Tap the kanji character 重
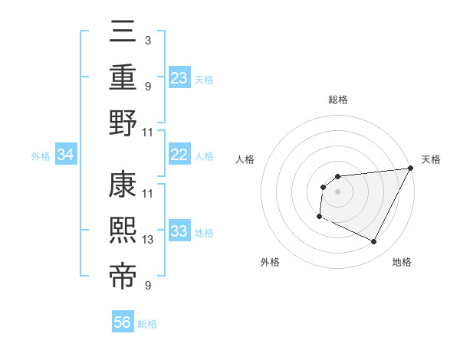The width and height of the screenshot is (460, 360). pyautogui.click(x=123, y=77)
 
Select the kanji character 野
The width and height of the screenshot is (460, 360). pyautogui.click(x=123, y=123)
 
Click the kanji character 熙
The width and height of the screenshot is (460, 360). pyautogui.click(x=123, y=231)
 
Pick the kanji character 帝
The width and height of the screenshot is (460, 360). pyautogui.click(x=123, y=277)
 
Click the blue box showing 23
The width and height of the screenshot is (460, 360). pyautogui.click(x=179, y=77)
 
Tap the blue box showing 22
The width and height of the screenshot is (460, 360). pyautogui.click(x=179, y=155)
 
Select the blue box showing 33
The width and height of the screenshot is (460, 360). pyautogui.click(x=179, y=232)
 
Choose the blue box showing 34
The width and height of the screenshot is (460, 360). pyautogui.click(x=66, y=155)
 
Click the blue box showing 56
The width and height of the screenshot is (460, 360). pyautogui.click(x=123, y=322)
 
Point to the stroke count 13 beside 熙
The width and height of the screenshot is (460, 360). pyautogui.click(x=148, y=240)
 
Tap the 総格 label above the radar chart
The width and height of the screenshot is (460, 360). pyautogui.click(x=337, y=100)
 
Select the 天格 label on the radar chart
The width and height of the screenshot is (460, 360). pyautogui.click(x=431, y=159)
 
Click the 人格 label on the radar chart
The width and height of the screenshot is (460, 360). pyautogui.click(x=245, y=159)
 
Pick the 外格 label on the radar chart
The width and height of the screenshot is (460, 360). pyautogui.click(x=270, y=262)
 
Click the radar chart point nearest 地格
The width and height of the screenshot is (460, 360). pyautogui.click(x=374, y=242)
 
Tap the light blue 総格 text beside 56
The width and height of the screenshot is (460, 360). pyautogui.click(x=148, y=324)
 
